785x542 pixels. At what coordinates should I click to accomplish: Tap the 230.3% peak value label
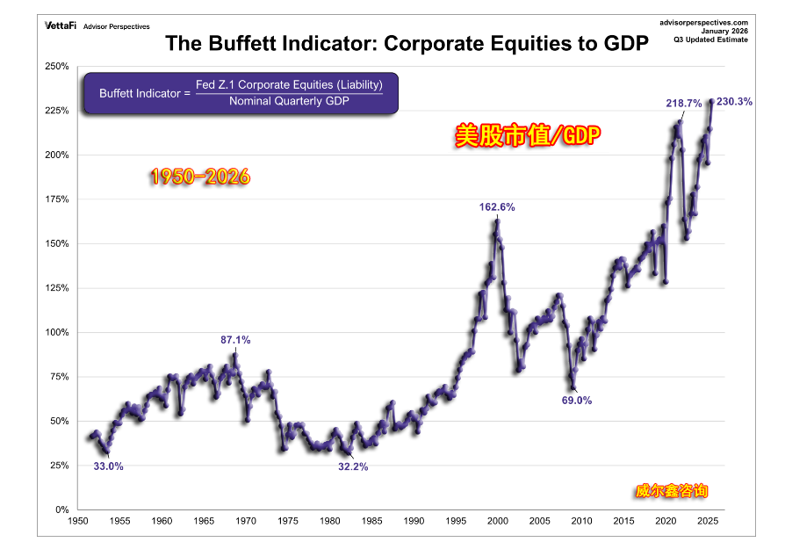(734, 102)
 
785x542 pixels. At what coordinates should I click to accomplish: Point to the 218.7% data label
(683, 104)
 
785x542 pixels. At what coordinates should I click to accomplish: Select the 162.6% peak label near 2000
(497, 208)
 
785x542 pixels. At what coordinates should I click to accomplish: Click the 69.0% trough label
(577, 400)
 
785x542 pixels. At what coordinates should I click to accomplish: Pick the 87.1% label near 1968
(235, 339)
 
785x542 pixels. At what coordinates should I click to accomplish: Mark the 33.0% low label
(109, 466)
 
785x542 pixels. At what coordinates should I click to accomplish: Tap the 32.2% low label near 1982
(353, 466)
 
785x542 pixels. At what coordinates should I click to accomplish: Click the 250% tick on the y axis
(57, 67)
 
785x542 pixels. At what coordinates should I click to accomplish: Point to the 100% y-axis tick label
(57, 332)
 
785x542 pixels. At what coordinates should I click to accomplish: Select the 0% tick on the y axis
(61, 509)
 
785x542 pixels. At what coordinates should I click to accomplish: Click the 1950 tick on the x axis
(78, 522)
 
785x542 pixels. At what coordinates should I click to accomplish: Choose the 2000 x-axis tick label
(498, 522)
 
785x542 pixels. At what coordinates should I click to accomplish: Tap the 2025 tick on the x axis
(708, 522)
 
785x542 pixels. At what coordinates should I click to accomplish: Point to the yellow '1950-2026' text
(200, 177)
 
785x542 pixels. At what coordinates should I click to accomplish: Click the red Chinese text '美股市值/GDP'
(529, 136)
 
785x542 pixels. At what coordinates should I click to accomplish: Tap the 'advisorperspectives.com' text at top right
(702, 22)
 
